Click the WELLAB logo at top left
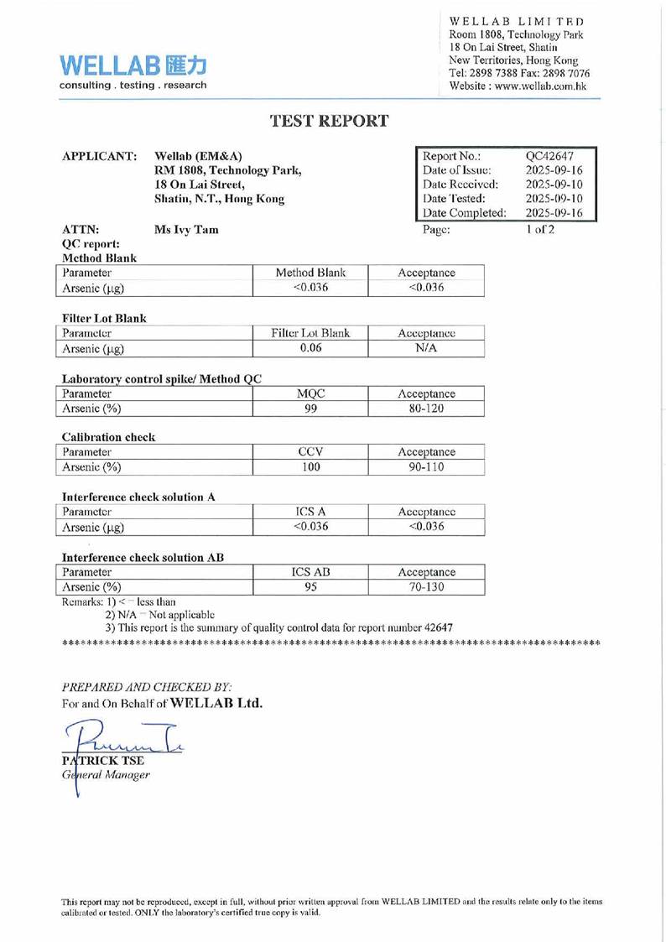coord(133,71)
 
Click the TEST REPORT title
coord(329,121)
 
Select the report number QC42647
coord(549,156)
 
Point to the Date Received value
coord(554,185)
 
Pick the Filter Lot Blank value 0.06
coord(310,348)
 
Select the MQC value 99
coord(310,409)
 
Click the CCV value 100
coord(310,466)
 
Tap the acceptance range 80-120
coord(426,409)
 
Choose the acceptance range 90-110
coord(426,466)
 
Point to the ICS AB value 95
coord(310,587)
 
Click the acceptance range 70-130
coord(426,587)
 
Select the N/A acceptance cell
coord(426,348)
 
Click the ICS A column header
coord(310,511)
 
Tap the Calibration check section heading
coord(108,437)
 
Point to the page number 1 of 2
coord(540,229)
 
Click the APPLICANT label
coord(100,157)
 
